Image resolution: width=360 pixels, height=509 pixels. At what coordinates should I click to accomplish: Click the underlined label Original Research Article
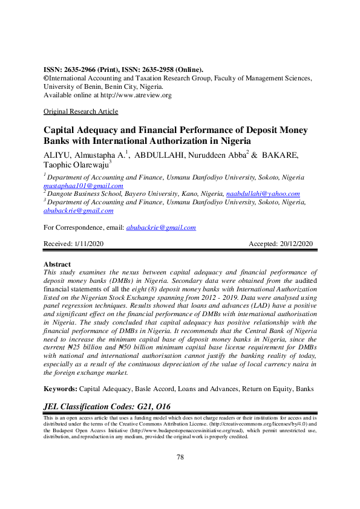coord(81,112)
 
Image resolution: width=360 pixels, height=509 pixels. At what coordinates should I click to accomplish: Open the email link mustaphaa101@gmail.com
coord(83,186)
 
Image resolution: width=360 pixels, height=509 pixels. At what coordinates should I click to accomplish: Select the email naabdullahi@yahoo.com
coord(263,194)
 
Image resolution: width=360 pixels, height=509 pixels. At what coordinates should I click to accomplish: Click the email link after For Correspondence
coord(160,227)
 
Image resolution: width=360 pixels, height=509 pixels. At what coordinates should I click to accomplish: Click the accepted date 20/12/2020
coord(293,244)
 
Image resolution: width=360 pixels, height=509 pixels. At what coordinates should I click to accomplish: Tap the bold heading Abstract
coord(57,265)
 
